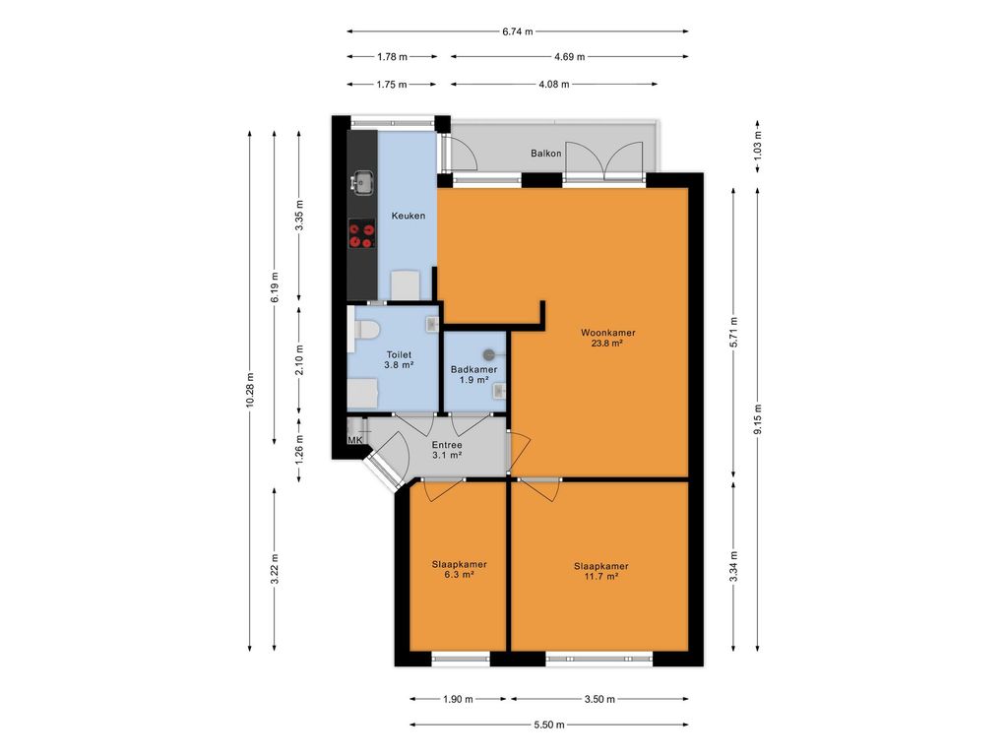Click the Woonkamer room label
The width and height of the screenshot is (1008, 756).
(607, 338)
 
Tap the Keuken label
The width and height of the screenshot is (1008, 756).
(409, 216)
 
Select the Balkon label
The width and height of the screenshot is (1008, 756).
(545, 154)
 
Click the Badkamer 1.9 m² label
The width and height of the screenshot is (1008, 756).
(473, 375)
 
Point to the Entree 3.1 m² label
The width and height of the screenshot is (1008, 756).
(447, 450)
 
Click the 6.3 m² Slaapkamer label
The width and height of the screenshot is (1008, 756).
(459, 570)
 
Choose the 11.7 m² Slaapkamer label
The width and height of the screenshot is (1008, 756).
(601, 572)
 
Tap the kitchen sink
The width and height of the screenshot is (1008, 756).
(362, 182)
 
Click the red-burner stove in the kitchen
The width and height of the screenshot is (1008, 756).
(362, 234)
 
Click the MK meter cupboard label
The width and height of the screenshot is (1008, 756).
(354, 440)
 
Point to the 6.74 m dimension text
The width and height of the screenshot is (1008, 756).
(518, 31)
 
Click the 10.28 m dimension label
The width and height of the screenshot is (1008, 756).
(250, 390)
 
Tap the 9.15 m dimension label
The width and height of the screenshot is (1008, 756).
(758, 419)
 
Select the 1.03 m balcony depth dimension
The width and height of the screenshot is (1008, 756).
(758, 146)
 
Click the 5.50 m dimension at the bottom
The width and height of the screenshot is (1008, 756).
(549, 725)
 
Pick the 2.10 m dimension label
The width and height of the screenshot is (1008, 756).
(299, 360)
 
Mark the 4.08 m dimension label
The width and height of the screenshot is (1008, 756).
(553, 85)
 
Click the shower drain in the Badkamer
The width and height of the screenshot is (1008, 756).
(488, 354)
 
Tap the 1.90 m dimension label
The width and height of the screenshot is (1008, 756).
(458, 700)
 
